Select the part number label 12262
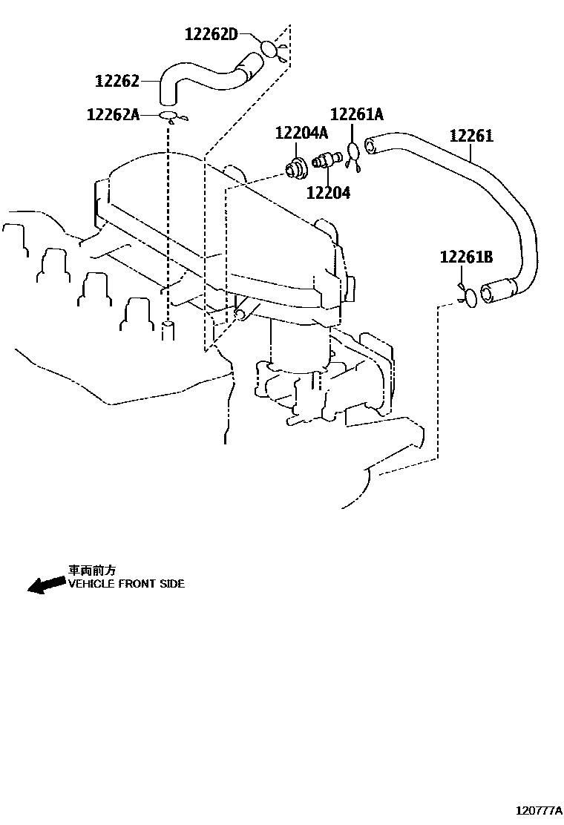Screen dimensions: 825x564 tap(118, 81)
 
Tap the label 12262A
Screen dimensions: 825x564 tap(113, 114)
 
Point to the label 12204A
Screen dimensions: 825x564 tap(301, 133)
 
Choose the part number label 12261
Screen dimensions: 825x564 tap(470, 136)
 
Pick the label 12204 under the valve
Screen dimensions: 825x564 tap(329, 193)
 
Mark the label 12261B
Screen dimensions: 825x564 tap(466, 257)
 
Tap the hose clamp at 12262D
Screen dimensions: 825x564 tap(269, 49)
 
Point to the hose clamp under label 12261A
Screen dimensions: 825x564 tap(355, 153)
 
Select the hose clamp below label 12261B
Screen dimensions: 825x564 tap(470, 298)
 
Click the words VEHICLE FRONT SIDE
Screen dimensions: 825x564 tap(126, 584)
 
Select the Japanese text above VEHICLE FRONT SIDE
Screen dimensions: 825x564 tap(92, 571)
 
